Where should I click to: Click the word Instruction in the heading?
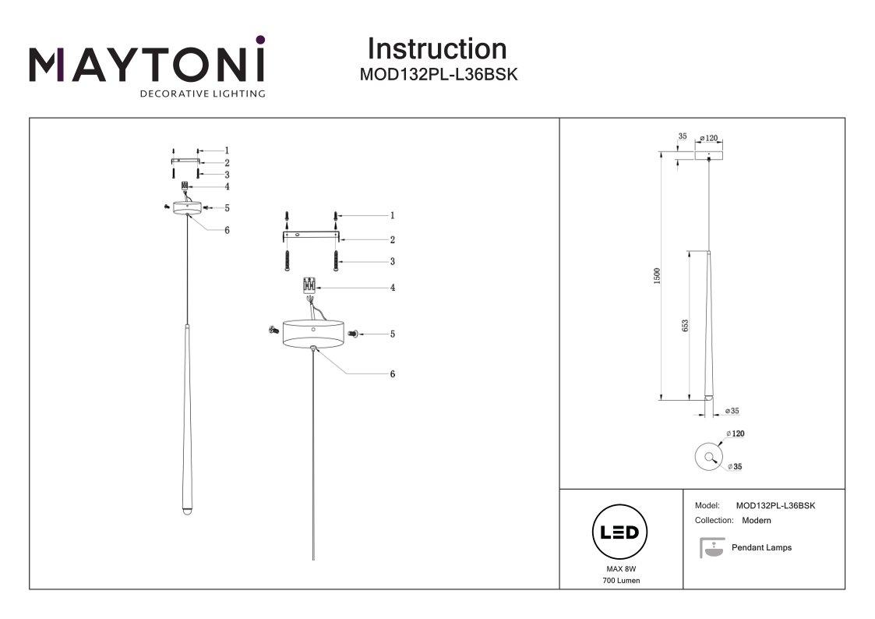click(436, 49)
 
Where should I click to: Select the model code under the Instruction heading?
click(437, 76)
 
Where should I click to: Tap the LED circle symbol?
click(621, 533)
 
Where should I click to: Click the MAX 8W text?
click(621, 570)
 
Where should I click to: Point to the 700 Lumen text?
click(621, 582)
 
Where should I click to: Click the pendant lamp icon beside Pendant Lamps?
click(711, 549)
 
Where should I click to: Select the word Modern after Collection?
click(757, 520)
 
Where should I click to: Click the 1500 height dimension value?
click(656, 275)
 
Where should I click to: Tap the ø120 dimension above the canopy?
click(708, 138)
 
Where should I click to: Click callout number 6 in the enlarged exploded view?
click(393, 374)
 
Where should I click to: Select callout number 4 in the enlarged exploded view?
click(393, 288)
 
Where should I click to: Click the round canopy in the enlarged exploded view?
click(312, 333)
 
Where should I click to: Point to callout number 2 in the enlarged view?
click(393, 240)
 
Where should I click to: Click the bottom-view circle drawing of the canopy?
click(708, 456)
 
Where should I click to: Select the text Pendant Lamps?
click(761, 548)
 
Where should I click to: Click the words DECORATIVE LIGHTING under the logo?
click(202, 94)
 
